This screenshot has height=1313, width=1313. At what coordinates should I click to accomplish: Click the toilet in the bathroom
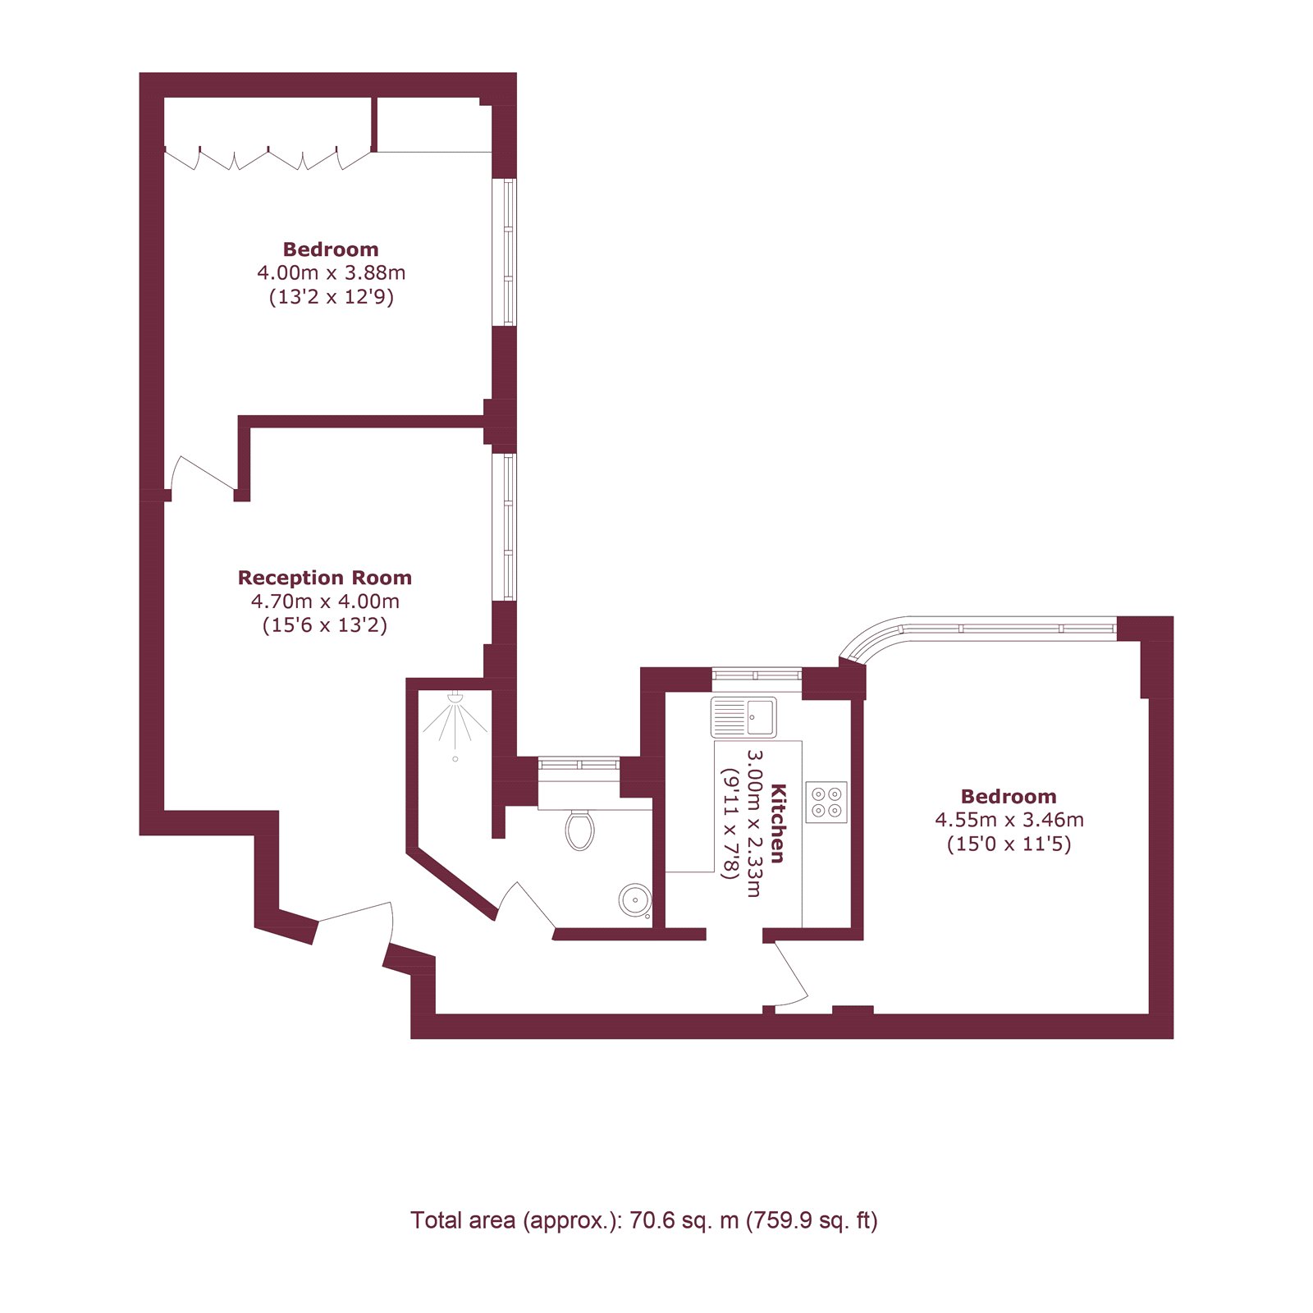(580, 830)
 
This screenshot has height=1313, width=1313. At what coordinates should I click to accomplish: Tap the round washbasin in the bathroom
(634, 899)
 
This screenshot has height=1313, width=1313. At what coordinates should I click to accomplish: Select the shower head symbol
(455, 699)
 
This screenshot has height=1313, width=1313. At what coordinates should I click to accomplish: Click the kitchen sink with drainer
(743, 717)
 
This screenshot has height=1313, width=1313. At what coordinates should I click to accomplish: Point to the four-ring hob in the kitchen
(826, 802)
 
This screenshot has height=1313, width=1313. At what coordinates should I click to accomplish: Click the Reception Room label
(324, 578)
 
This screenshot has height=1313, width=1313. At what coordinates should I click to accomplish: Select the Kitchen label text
(778, 823)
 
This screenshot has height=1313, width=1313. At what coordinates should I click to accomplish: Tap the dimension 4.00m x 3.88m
(331, 272)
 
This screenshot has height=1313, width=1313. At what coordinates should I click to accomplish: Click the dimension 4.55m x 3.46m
(1009, 820)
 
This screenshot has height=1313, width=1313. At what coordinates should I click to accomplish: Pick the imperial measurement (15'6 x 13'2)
(324, 625)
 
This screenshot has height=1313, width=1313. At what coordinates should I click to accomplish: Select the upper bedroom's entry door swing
(201, 476)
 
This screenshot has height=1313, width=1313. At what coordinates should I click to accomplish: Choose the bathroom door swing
(525, 907)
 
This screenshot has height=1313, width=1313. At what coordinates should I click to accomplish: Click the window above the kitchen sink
(756, 675)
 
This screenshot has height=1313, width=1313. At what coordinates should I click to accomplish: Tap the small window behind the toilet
(579, 764)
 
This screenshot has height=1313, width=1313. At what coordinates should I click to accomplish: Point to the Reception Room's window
(510, 527)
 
